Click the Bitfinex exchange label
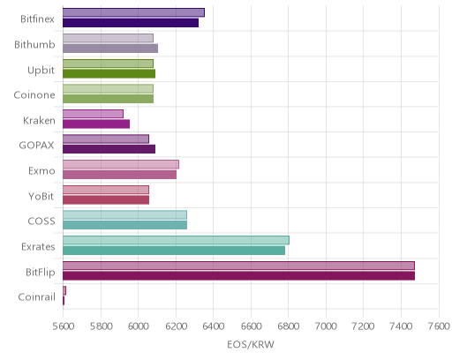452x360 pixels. [37, 19]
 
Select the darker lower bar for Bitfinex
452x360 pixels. [131, 23]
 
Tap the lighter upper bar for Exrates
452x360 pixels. [176, 240]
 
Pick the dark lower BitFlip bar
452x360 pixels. [238, 275]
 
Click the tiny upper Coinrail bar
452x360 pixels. [64, 290]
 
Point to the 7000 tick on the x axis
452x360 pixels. [326, 326]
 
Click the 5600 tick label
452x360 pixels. [64, 326]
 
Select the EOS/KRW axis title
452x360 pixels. [251, 344]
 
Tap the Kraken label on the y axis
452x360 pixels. [39, 121]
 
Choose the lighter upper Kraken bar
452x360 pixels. [93, 114]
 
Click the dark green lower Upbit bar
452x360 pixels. [109, 73]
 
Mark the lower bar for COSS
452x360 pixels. [124, 225]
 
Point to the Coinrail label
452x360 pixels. [37, 297]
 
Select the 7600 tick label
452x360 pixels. [439, 326]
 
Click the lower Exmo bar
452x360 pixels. [119, 175]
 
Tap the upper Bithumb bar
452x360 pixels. [108, 38]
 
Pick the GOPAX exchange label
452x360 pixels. [36, 146]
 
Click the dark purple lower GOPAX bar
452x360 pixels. [109, 149]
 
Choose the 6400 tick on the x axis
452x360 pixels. [213, 326]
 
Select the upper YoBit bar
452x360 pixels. [106, 190]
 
